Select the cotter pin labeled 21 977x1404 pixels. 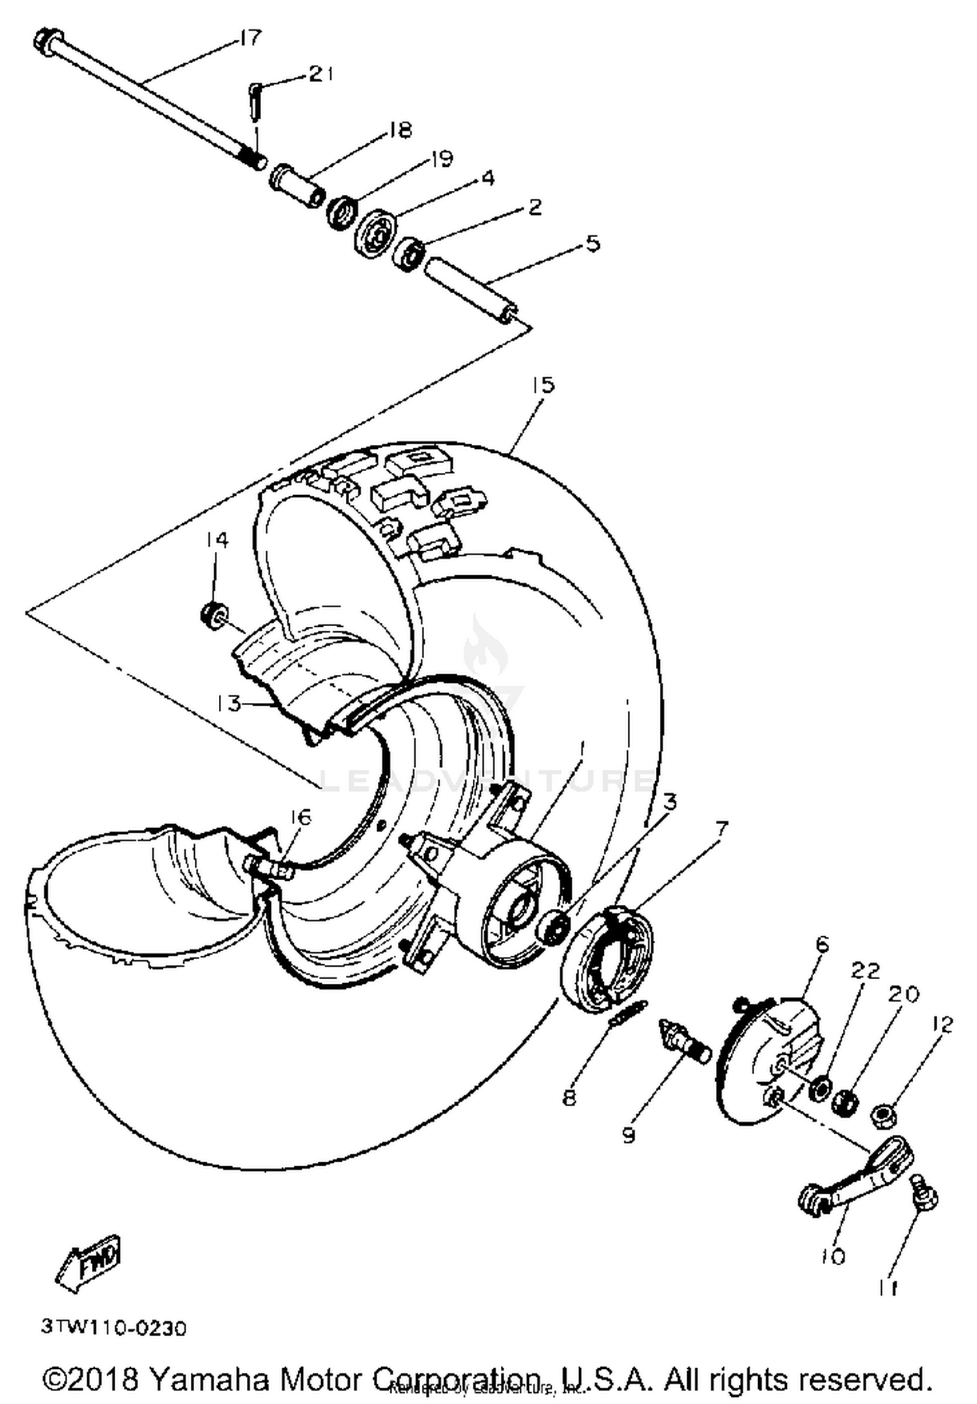[255, 99]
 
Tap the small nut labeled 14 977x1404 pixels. [213, 615]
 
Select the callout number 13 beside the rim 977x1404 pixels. [229, 704]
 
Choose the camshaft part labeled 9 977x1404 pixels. [684, 1040]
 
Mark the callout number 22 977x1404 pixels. [865, 971]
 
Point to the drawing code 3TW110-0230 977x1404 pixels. [114, 1327]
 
